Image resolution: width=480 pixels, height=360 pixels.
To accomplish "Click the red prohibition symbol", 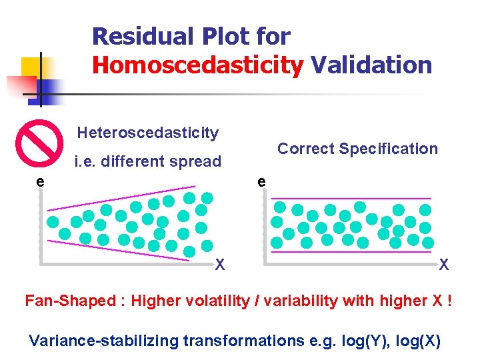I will [x=39, y=141].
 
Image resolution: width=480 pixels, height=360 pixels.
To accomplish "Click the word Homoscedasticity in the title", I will [x=197, y=65].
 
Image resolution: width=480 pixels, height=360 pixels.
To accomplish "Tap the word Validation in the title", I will [x=371, y=65].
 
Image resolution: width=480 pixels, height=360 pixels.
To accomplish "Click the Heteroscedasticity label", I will [x=147, y=133].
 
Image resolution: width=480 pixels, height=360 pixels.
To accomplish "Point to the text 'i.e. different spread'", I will [x=147, y=161].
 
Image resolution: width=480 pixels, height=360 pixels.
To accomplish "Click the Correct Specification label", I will [x=357, y=149].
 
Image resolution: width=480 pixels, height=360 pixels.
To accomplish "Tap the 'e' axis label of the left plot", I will [x=41, y=181].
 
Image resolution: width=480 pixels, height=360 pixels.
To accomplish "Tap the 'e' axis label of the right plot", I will [x=262, y=181].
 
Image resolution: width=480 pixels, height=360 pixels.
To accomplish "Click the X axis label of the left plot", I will [x=219, y=265].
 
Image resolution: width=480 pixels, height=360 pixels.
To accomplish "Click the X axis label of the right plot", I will [x=443, y=265].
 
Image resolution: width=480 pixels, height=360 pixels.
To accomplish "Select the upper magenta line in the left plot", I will [x=120, y=195].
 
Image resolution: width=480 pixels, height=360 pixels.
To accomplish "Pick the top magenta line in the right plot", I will [x=353, y=199].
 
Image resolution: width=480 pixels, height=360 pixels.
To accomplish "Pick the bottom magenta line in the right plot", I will [x=353, y=252].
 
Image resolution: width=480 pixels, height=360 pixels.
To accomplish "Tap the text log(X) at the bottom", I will [x=418, y=341].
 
